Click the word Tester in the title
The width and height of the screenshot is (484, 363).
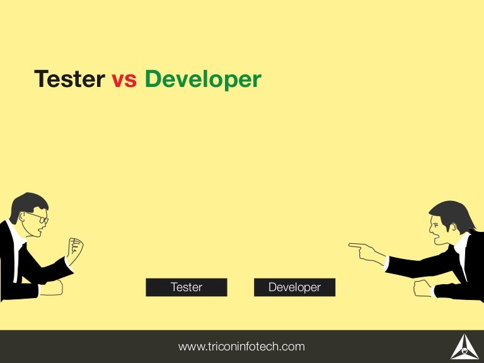(69, 79)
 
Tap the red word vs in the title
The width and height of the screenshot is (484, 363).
(124, 80)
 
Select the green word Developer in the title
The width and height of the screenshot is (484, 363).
(202, 80)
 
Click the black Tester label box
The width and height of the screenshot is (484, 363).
(187, 287)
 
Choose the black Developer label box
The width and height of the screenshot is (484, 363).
(294, 287)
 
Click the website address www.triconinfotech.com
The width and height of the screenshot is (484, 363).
(241, 346)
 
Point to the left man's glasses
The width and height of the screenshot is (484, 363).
(37, 218)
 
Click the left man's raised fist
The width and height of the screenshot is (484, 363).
(75, 250)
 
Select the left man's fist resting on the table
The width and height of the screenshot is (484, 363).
(52, 287)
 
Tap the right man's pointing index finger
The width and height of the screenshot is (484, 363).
(357, 245)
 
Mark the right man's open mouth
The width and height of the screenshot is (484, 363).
(437, 238)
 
